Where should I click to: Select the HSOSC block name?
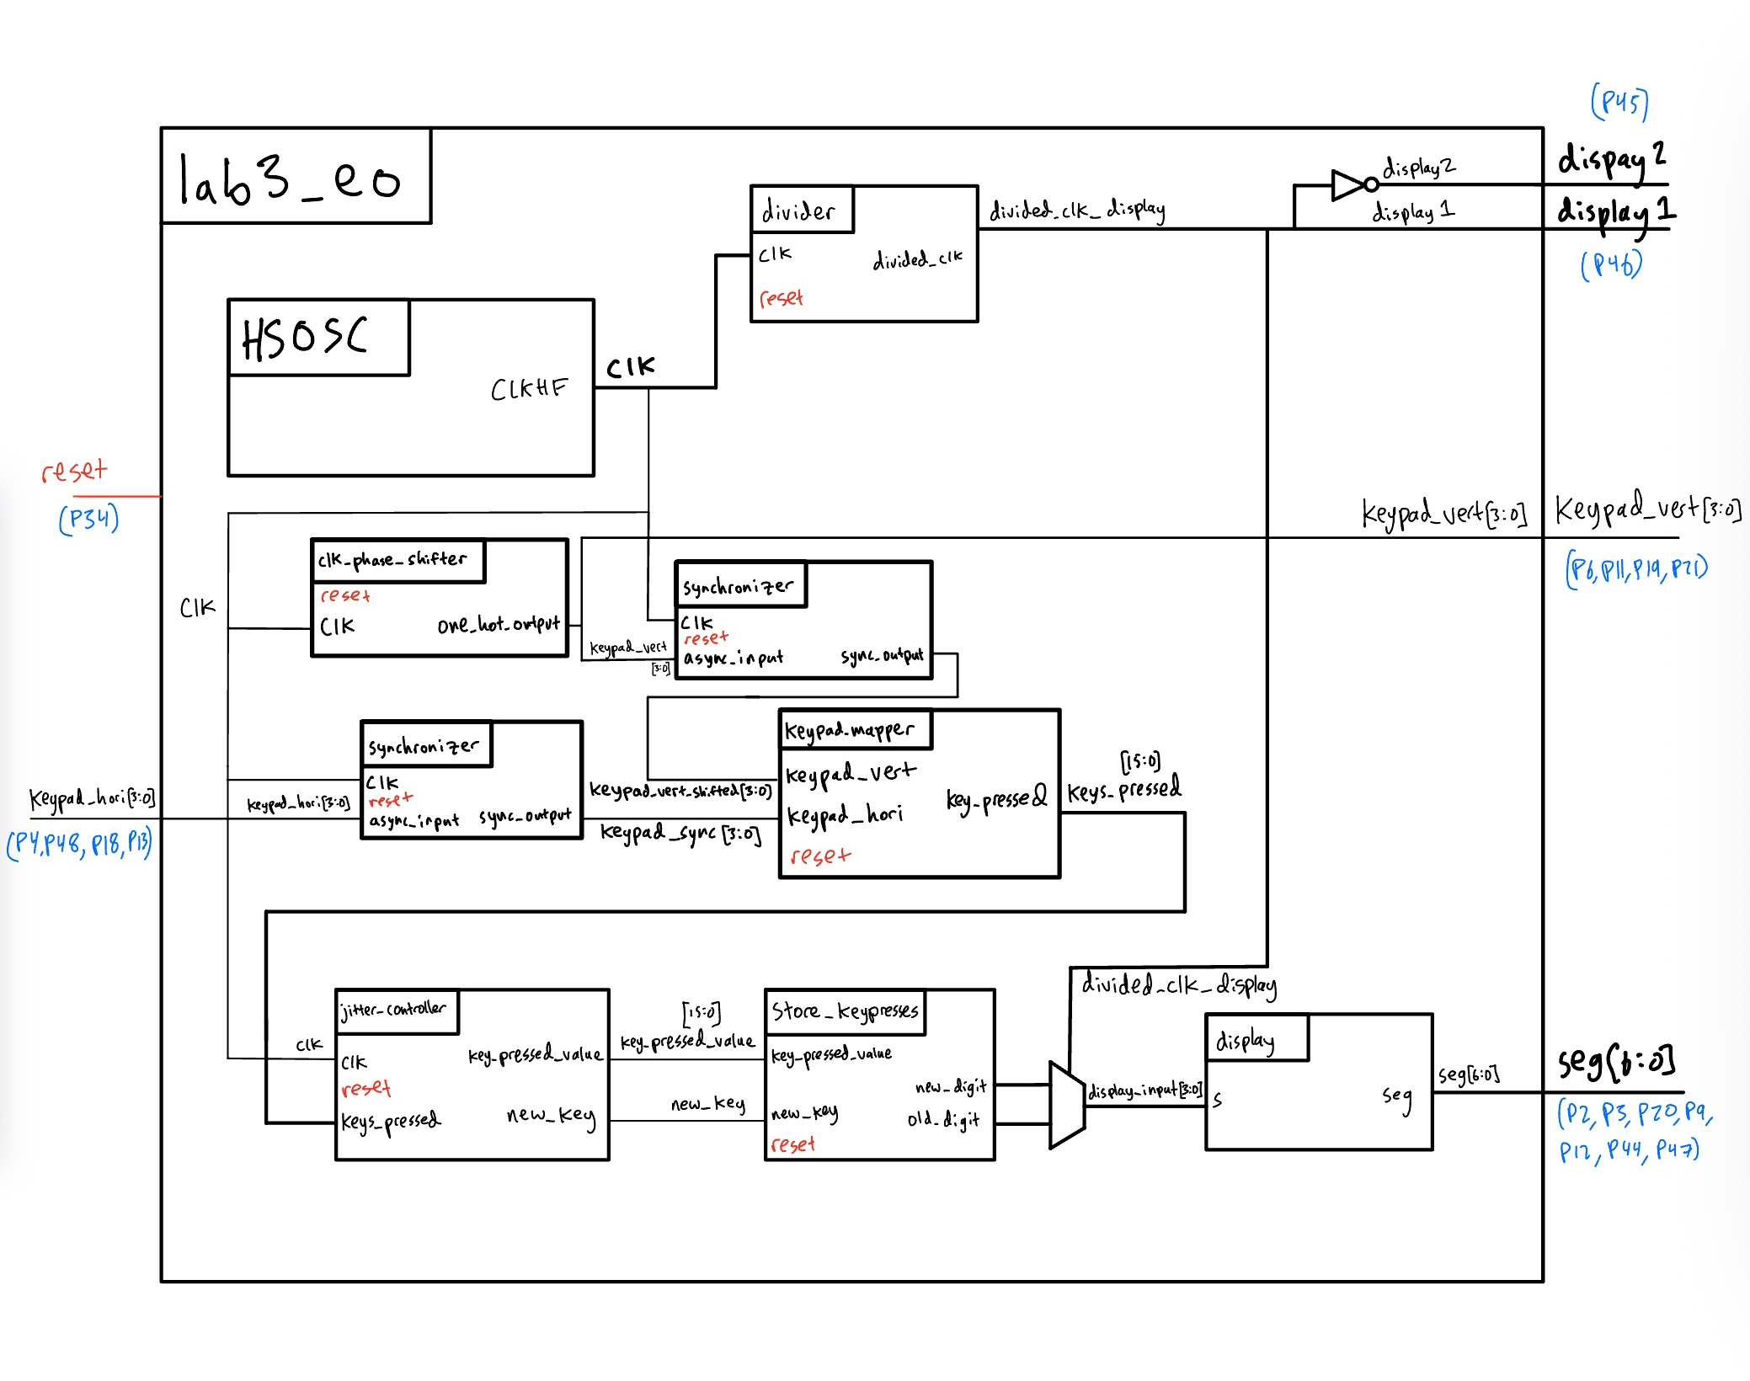click(x=305, y=338)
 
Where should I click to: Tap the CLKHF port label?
click(x=529, y=388)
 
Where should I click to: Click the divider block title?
click(x=798, y=210)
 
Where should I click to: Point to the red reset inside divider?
click(x=781, y=298)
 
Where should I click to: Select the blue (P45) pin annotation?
click(x=1619, y=103)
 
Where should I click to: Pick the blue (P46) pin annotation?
click(x=1611, y=264)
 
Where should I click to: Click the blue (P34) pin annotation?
click(x=88, y=518)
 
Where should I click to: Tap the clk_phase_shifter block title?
click(x=392, y=560)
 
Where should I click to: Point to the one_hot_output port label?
click(x=499, y=625)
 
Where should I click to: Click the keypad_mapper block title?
click(x=849, y=730)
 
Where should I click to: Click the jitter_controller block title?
click(x=393, y=1010)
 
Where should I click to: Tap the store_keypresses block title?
click(x=845, y=1010)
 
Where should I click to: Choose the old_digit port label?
click(x=943, y=1120)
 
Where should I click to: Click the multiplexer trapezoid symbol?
click(x=1066, y=1105)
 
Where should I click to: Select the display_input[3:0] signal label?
click(x=1144, y=1091)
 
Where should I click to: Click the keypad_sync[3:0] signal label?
click(x=680, y=833)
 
